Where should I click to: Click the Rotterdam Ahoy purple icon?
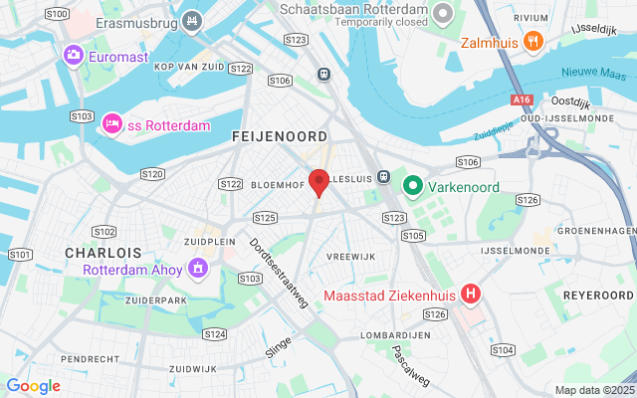coord(198,268)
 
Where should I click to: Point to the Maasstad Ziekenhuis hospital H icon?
coord(471,296)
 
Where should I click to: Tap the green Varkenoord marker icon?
coord(412,185)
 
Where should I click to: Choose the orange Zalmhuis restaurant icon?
coord(532,42)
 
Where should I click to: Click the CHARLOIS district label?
coord(104,253)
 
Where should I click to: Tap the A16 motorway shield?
coord(522,100)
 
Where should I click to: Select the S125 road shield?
coord(265,217)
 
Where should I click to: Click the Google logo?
coord(33,386)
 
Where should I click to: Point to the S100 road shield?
coord(57,14)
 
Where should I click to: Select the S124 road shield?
coord(214,334)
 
